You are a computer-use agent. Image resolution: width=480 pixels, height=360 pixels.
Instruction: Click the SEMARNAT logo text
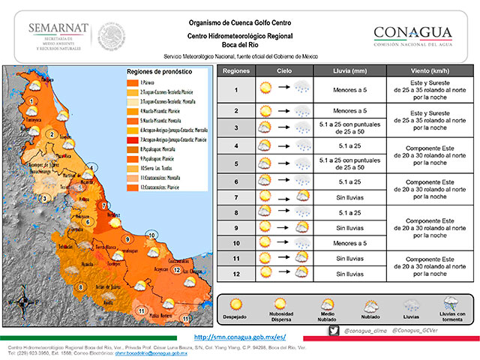(x=58, y=28)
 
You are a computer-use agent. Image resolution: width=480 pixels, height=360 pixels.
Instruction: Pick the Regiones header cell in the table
(x=236, y=71)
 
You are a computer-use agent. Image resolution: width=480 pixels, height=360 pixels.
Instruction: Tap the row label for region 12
(x=236, y=274)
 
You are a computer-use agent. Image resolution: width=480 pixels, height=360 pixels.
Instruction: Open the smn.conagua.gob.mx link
(x=239, y=337)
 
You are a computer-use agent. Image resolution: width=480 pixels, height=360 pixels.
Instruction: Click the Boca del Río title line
(x=250, y=45)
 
